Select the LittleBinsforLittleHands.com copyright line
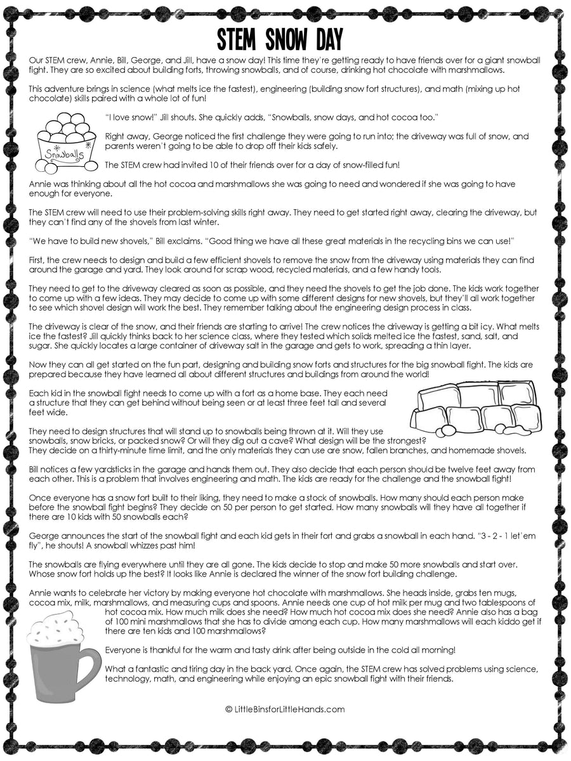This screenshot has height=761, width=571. [x=285, y=710]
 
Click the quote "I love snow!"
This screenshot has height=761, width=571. [x=131, y=117]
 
